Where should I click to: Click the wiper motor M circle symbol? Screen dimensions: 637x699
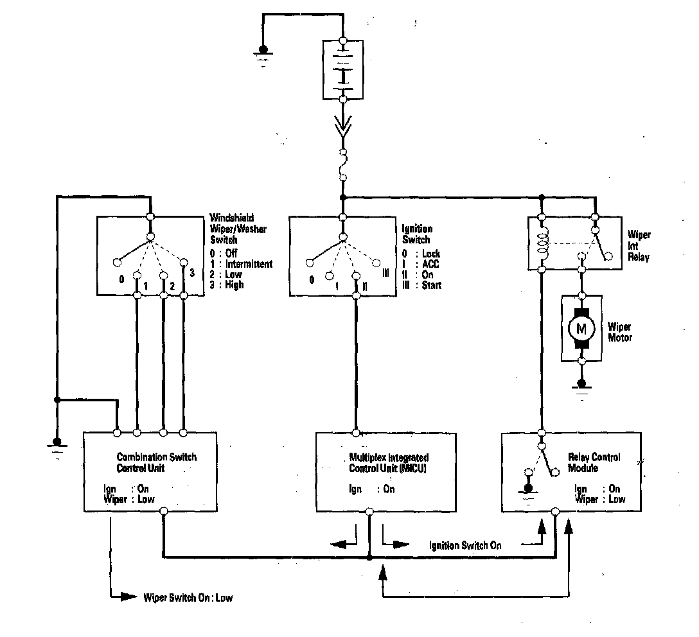click(582, 329)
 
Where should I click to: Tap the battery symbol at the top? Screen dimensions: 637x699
click(343, 70)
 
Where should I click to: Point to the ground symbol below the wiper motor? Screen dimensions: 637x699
click(582, 388)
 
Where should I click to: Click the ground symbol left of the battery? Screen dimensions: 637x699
click(263, 52)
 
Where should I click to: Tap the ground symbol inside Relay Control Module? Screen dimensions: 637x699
click(528, 483)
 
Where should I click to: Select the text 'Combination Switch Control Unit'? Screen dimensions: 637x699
click(156, 462)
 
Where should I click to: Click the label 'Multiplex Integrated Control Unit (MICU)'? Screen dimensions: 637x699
click(389, 462)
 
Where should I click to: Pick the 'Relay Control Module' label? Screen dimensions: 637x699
click(594, 462)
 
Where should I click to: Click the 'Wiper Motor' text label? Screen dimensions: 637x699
click(620, 332)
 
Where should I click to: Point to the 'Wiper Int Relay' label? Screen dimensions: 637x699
click(639, 246)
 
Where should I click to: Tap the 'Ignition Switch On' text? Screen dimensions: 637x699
click(465, 546)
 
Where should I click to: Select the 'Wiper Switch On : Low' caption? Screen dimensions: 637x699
click(188, 598)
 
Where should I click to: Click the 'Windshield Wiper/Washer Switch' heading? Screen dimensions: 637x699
click(238, 228)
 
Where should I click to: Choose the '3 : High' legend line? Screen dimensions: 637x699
click(226, 284)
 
